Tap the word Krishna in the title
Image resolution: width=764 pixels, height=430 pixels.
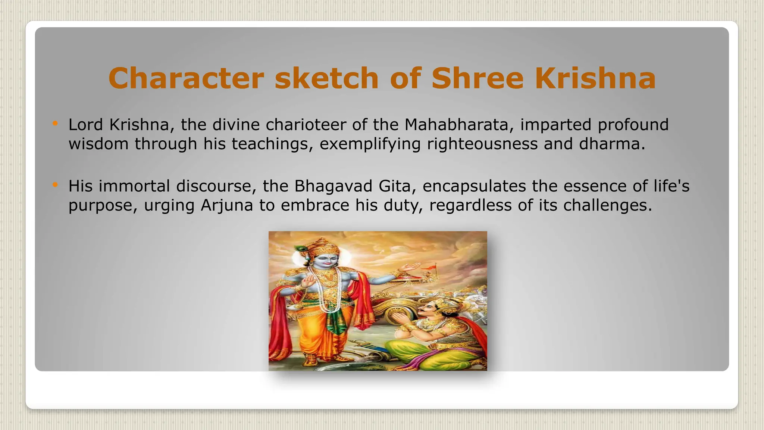[595, 78]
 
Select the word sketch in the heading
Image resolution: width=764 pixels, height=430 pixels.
[327, 78]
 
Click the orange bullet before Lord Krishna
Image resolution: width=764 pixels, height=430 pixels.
[55, 123]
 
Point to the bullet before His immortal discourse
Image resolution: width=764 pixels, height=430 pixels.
[55, 184]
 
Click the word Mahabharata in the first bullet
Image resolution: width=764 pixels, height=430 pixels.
[456, 125]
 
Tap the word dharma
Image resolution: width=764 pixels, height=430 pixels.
[612, 144]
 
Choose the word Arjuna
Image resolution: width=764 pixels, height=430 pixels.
[227, 205]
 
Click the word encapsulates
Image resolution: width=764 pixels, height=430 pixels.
[474, 186]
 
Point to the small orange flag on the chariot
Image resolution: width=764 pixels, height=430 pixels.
[428, 267]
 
